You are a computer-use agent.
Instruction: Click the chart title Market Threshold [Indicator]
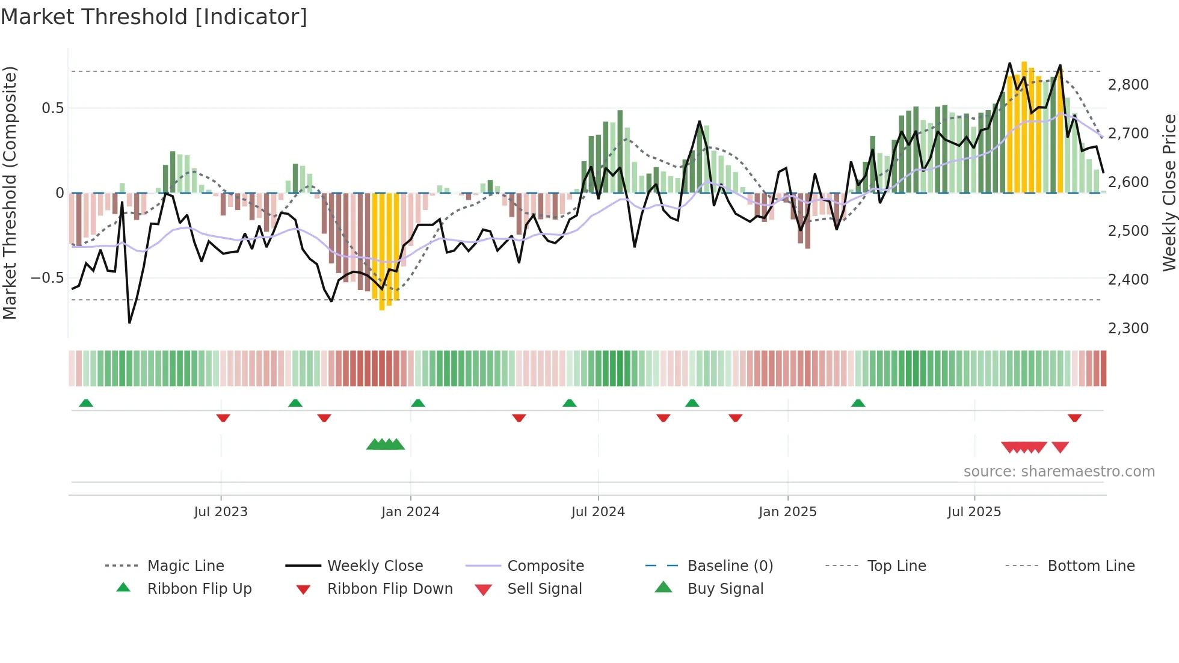(154, 17)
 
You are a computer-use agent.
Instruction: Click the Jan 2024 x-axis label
(410, 512)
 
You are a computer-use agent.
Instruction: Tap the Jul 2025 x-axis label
(974, 512)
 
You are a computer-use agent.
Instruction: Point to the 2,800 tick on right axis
(1128, 85)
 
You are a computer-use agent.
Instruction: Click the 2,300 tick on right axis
(1128, 328)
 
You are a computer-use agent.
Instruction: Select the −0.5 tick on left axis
(47, 278)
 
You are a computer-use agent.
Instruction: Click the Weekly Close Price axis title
(1169, 193)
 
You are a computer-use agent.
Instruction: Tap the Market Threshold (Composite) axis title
(10, 193)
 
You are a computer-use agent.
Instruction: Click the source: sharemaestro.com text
(1059, 472)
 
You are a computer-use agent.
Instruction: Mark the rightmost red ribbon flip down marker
(1074, 418)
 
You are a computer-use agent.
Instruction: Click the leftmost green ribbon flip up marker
(86, 402)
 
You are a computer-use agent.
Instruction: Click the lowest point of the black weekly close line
(129, 322)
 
